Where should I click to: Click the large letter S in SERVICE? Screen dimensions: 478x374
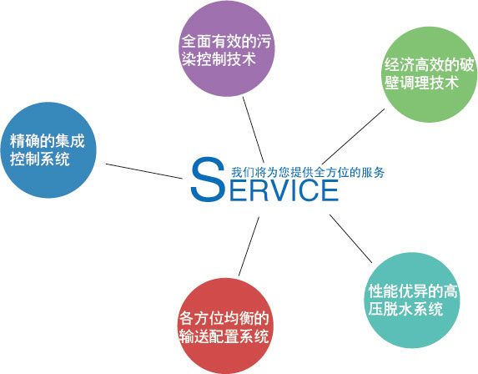[208, 179]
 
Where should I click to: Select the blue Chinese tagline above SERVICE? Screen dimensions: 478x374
[308, 172]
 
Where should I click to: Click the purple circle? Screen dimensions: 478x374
[227, 48]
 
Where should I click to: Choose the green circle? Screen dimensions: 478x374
[430, 74]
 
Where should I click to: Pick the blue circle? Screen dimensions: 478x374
[48, 150]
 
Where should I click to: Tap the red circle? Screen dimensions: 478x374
[225, 326]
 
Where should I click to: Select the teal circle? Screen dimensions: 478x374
[412, 301]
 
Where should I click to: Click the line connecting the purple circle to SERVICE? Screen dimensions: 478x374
[254, 129]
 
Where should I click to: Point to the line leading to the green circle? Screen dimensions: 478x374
[353, 136]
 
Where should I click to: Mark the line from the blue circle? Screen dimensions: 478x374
[144, 171]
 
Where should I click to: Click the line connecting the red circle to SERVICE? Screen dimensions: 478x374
[249, 246]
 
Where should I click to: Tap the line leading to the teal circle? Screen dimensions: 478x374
[350, 239]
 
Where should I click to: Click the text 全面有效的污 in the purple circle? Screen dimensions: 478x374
[226, 41]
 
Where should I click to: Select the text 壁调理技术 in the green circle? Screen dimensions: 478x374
[421, 83]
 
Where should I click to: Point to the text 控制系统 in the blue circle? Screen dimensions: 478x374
[40, 159]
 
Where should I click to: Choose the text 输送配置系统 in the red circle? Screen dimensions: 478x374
[224, 336]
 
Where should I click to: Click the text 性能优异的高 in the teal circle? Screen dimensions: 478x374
[413, 291]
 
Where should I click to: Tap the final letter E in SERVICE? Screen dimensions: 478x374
[330, 190]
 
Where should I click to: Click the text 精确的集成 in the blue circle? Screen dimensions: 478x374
[48, 141]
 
